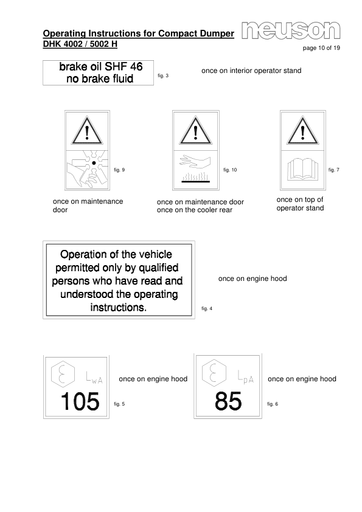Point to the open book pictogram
[x=304, y=168]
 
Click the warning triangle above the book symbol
[x=304, y=131]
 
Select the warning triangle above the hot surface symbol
[x=195, y=131]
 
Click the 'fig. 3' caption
[x=163, y=75]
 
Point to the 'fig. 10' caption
[x=229, y=169]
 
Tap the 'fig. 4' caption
[x=206, y=310]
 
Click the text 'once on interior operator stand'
[x=251, y=71]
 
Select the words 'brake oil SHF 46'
[x=100, y=67]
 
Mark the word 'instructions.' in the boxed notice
[x=118, y=308]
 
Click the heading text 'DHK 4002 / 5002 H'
[x=80, y=44]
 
